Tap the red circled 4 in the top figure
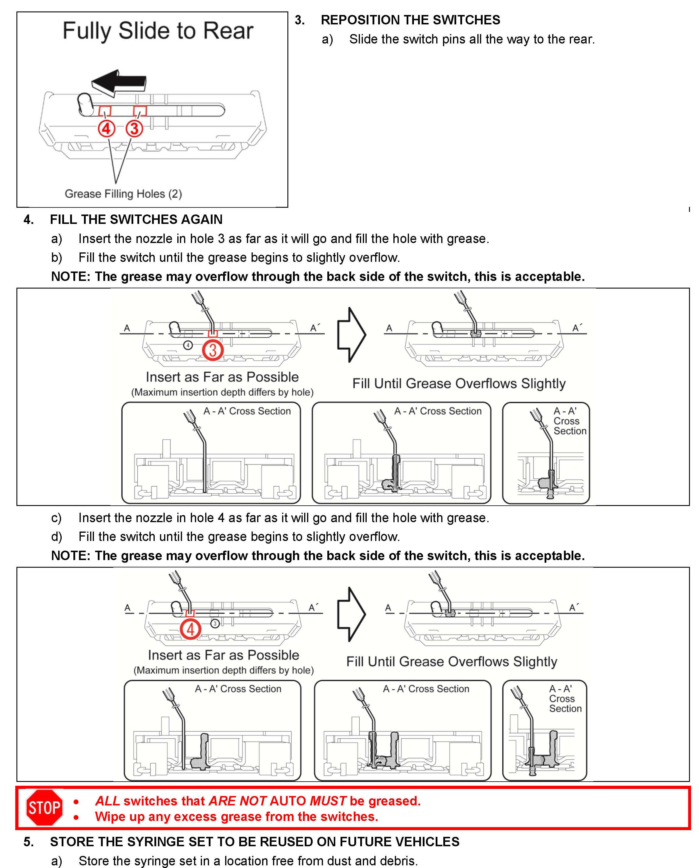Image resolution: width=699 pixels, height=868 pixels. (106, 129)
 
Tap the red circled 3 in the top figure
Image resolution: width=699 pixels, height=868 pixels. (134, 129)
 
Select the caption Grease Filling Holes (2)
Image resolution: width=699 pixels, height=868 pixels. (123, 194)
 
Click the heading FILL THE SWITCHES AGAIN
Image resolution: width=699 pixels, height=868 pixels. (136, 219)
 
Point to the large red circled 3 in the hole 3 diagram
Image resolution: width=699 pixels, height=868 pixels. (213, 350)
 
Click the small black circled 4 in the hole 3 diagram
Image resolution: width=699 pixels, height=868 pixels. (188, 345)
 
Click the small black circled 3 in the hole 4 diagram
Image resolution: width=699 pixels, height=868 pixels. (215, 624)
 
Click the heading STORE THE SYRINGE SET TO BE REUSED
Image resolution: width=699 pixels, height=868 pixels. (255, 841)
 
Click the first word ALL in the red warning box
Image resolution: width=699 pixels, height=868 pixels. (107, 801)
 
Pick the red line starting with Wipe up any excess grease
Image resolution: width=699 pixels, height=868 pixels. (236, 816)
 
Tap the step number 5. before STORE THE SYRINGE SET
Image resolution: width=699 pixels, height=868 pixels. (28, 841)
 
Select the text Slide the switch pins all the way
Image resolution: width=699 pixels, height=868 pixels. (471, 39)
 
